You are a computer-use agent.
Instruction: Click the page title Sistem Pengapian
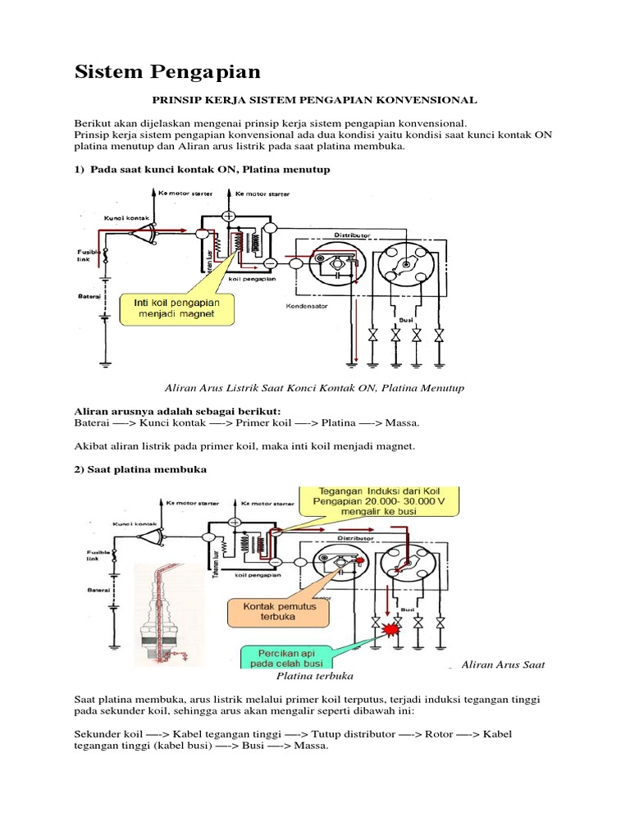[167, 72]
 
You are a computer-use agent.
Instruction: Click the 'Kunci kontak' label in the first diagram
[123, 218]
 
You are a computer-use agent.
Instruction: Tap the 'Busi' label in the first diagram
[404, 320]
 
